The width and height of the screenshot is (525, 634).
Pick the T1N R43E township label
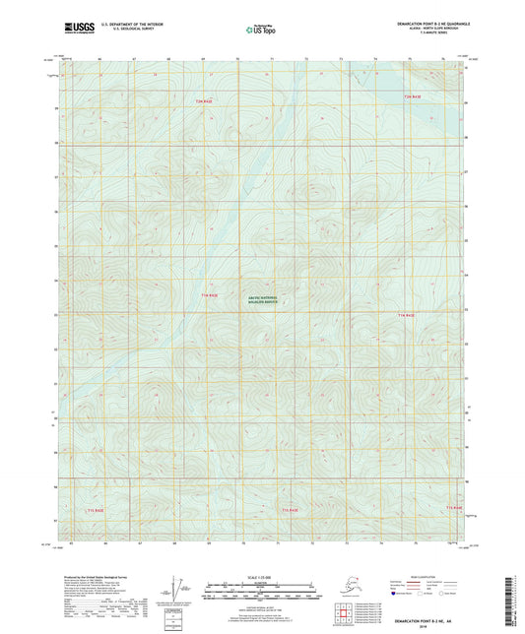coord(405,315)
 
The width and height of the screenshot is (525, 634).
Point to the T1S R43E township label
coord(290,510)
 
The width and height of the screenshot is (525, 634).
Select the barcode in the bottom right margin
coord(515,601)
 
